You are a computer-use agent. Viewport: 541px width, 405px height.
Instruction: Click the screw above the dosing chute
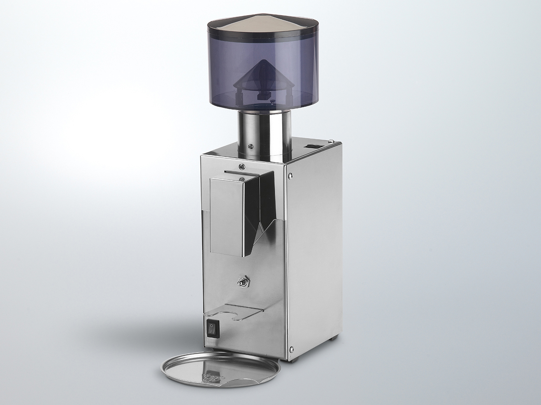click(x=242, y=166)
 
